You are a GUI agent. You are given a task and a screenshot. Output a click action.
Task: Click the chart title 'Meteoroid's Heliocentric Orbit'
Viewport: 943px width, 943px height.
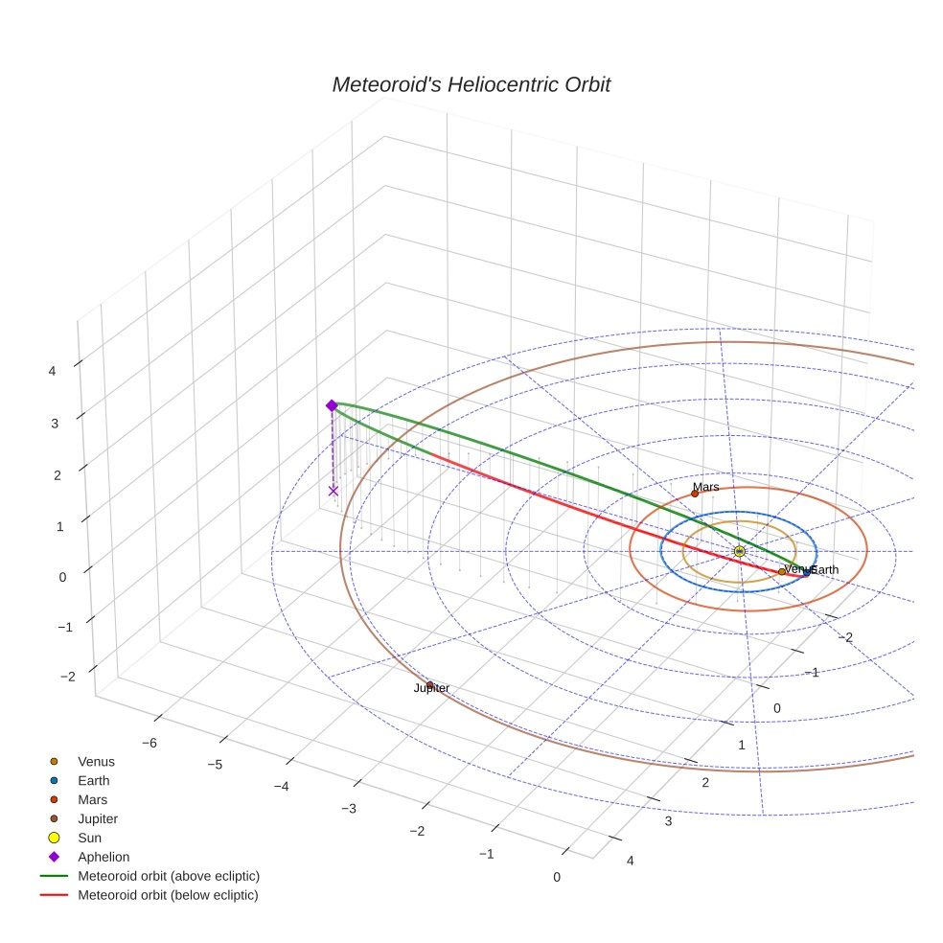pyautogui.click(x=471, y=84)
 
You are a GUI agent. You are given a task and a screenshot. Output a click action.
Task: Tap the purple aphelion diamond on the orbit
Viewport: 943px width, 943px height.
pyautogui.click(x=332, y=405)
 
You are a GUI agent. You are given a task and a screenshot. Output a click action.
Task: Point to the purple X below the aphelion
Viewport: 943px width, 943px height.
pyautogui.click(x=333, y=491)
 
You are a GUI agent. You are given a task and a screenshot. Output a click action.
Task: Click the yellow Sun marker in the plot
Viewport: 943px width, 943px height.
pyautogui.click(x=739, y=551)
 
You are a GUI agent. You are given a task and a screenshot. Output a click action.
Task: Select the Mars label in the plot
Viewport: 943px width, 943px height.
pyautogui.click(x=705, y=487)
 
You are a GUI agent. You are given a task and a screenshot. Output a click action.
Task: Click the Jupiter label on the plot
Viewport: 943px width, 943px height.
pyautogui.click(x=431, y=688)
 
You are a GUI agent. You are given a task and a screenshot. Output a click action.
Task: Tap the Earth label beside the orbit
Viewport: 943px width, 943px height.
pyautogui.click(x=825, y=569)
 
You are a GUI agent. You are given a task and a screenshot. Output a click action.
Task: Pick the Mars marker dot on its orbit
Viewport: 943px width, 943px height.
pyautogui.click(x=695, y=494)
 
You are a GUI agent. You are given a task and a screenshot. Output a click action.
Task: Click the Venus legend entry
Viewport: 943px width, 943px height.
pyautogui.click(x=96, y=762)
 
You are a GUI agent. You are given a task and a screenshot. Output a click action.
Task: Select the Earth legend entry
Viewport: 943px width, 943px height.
pyautogui.click(x=94, y=781)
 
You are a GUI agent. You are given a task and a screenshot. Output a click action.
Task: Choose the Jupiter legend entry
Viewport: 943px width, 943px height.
pyautogui.click(x=98, y=819)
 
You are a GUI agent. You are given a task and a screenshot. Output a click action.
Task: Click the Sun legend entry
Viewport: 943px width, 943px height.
pyautogui.click(x=89, y=838)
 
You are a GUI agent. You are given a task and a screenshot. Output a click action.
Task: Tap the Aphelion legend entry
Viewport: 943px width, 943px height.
pyautogui.click(x=103, y=857)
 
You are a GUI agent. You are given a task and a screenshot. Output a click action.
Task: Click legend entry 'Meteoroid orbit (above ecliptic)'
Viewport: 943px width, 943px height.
pyautogui.click(x=169, y=876)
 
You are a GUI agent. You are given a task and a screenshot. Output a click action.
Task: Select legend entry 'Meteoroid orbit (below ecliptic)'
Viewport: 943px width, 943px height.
pyautogui.click(x=169, y=895)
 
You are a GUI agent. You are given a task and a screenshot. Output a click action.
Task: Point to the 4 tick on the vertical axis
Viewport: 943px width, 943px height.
pyautogui.click(x=54, y=371)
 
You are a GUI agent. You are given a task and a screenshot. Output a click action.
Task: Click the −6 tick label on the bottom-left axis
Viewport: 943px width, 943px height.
pyautogui.click(x=149, y=743)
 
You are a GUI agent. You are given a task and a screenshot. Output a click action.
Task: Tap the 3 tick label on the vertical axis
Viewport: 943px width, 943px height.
pyautogui.click(x=54, y=423)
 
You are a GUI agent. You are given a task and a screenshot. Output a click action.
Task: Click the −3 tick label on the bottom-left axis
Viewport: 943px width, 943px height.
pyautogui.click(x=349, y=809)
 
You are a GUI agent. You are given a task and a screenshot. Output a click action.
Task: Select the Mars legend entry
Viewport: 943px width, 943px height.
pyautogui.click(x=92, y=800)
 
